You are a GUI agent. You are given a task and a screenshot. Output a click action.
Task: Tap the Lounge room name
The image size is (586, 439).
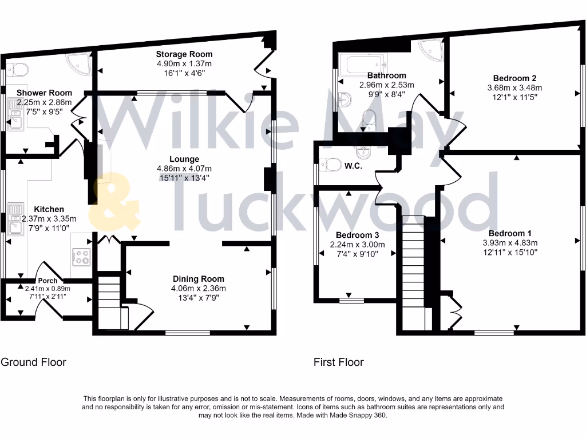[x=184, y=159]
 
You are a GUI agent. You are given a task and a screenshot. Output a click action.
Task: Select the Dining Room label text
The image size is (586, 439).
[x=199, y=279]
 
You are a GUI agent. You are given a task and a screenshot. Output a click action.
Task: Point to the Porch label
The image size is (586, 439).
[x=48, y=281]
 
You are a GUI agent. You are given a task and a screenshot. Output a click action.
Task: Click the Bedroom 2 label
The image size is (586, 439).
[x=514, y=78]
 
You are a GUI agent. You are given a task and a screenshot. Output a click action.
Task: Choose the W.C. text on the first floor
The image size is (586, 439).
[x=351, y=166]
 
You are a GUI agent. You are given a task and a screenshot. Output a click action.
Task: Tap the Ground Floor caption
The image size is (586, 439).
[x=33, y=362]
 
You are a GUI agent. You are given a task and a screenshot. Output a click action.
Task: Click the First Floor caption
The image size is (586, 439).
[x=338, y=362]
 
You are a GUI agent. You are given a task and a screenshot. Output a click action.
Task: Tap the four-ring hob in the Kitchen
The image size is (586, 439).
[x=81, y=258]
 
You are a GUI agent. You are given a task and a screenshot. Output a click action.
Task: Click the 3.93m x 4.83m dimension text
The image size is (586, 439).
[x=510, y=242]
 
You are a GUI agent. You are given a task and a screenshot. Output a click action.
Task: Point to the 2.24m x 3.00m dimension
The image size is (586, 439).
[x=357, y=245]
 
